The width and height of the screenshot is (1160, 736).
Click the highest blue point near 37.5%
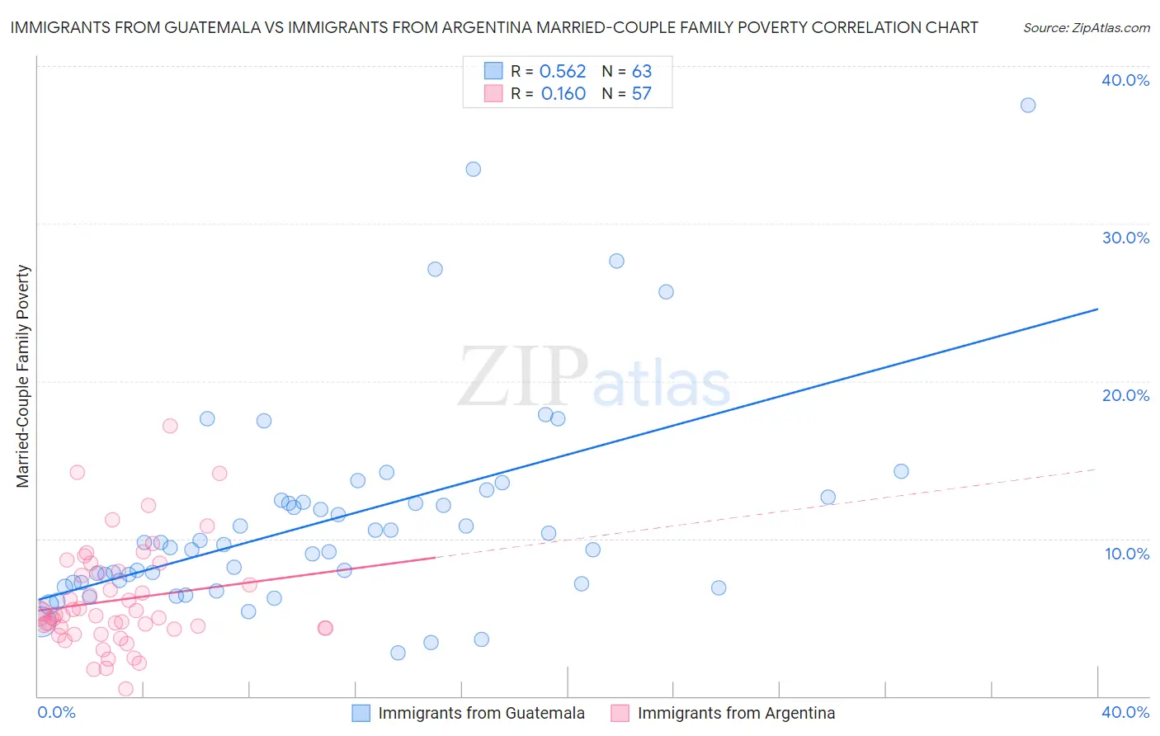coord(1027,105)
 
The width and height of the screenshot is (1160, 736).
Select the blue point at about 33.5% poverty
coord(473,169)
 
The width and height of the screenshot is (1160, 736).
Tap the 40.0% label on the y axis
coord(1125,80)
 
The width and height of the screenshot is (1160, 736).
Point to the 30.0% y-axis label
coord(1125,238)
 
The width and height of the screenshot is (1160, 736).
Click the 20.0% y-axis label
coord(1125,395)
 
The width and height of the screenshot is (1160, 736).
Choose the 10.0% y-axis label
coord(1127,554)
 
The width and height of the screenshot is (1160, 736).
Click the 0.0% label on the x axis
coord(56,712)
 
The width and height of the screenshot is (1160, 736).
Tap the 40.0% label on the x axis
coord(1125,712)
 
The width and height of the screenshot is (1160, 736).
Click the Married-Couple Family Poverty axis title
coord(23,376)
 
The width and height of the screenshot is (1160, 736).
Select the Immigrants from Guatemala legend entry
coord(481,713)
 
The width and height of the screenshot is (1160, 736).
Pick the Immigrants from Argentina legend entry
coord(736,713)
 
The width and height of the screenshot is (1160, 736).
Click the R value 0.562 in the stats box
coord(563,72)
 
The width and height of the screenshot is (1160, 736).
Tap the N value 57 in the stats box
coord(641,94)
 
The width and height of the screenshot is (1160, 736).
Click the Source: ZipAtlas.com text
coord(1086,28)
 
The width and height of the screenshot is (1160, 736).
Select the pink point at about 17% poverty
coord(170,426)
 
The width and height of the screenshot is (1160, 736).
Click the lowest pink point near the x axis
coord(125,688)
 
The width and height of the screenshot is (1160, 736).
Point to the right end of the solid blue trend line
coord(1097,309)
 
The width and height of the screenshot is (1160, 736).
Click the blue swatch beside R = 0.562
coord(493,71)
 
